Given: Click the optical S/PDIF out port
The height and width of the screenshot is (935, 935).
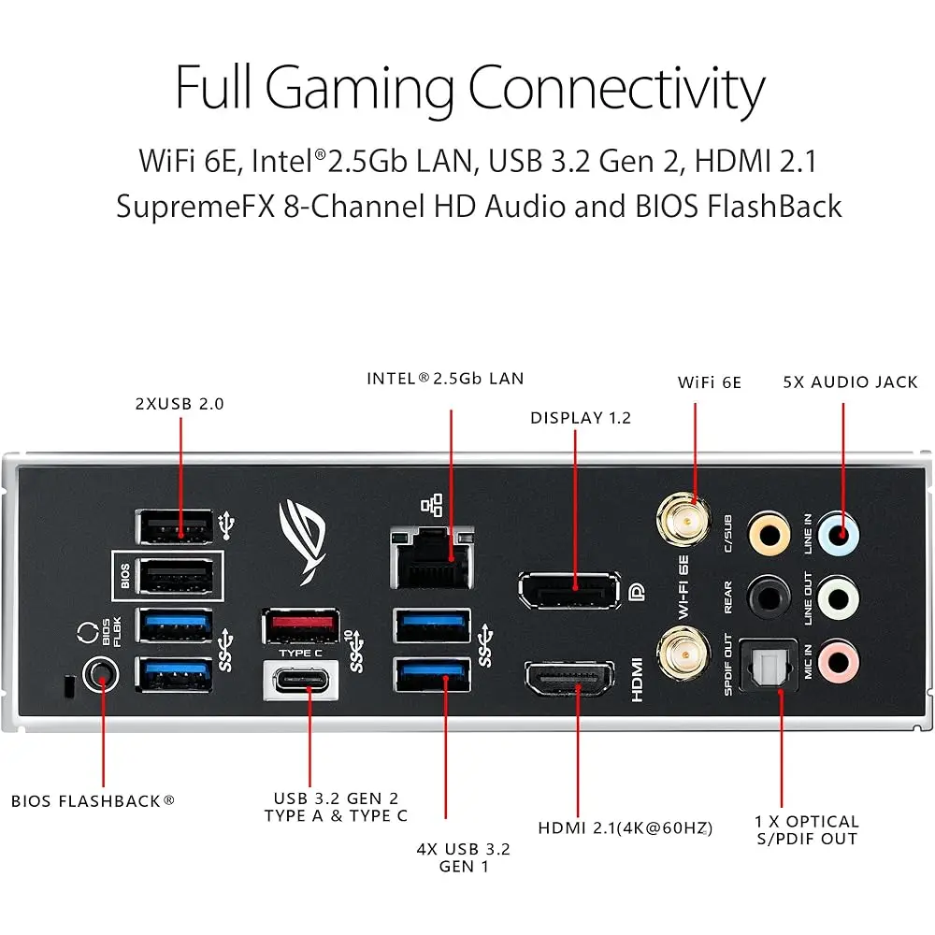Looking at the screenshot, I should (x=768, y=666).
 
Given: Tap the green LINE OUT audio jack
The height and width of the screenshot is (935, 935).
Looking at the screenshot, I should (x=838, y=597).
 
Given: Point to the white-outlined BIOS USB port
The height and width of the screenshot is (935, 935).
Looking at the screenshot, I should (x=174, y=574).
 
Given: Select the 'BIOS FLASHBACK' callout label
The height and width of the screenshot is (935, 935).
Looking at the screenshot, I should (x=93, y=800).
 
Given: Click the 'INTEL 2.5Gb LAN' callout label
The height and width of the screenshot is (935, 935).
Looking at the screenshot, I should (x=445, y=379).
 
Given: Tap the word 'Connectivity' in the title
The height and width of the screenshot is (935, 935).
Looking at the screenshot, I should (x=616, y=90).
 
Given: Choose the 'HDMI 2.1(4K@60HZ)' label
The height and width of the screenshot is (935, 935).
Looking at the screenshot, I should (x=625, y=827).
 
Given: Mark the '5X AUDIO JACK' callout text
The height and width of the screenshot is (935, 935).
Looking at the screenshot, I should (x=850, y=381).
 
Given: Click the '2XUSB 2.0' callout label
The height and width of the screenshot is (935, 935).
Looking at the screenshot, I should (x=180, y=404).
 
